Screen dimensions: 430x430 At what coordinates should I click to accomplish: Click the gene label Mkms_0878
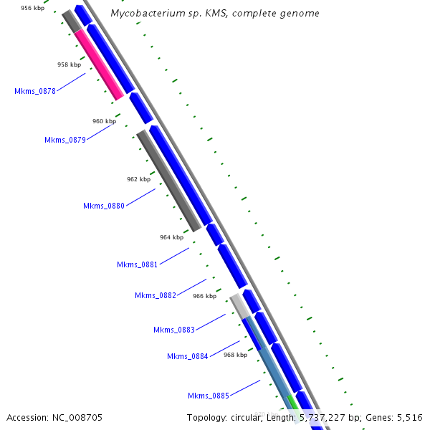35,91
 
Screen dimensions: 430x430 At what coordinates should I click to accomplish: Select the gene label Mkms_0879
65,140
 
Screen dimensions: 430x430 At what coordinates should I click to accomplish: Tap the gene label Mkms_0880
104,206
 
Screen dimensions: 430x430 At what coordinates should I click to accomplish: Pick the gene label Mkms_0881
138,264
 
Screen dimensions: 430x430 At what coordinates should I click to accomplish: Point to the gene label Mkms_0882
156,295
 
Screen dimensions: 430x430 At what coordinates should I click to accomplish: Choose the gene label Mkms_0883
174,330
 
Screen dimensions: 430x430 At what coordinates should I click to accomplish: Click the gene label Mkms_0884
188,356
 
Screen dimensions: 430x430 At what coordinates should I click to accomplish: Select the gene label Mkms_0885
209,396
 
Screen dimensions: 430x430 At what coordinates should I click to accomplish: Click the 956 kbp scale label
32,8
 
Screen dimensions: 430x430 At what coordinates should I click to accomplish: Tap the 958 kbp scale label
70,64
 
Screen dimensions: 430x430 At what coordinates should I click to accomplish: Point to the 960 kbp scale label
104,121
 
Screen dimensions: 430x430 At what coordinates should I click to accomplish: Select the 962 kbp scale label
138,179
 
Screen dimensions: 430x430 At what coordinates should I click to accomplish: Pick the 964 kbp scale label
171,236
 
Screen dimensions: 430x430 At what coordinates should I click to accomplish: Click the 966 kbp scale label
204,296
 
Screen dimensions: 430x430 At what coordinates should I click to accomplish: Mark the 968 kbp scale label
235,355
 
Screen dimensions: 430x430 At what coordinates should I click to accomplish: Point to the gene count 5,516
408,417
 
